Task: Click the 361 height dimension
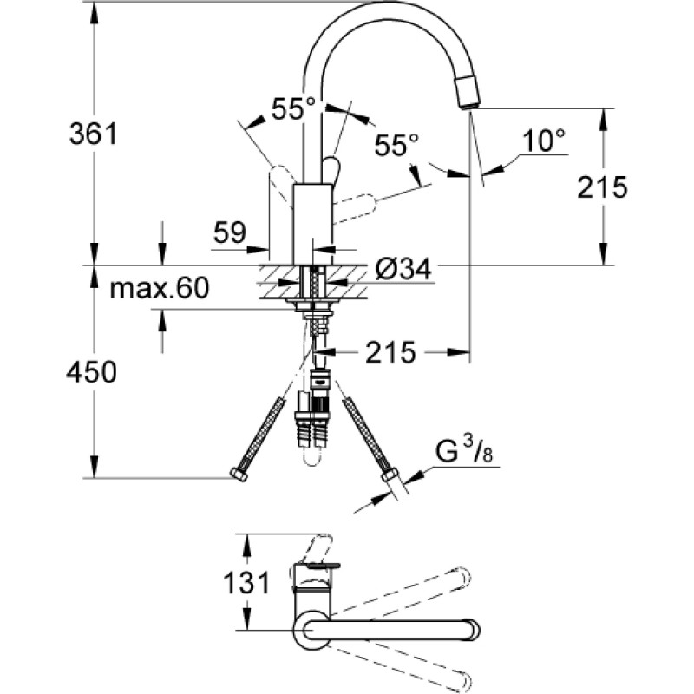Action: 94,134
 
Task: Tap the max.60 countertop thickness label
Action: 160,288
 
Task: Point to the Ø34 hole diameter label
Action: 403,268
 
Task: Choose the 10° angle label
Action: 544,141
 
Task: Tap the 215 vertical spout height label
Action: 602,187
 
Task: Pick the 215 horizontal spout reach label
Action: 391,352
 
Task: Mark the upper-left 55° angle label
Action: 293,108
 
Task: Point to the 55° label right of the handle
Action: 396,145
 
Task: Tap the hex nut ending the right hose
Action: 390,475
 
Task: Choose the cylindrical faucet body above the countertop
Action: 312,225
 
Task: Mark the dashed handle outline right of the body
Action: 354,206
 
